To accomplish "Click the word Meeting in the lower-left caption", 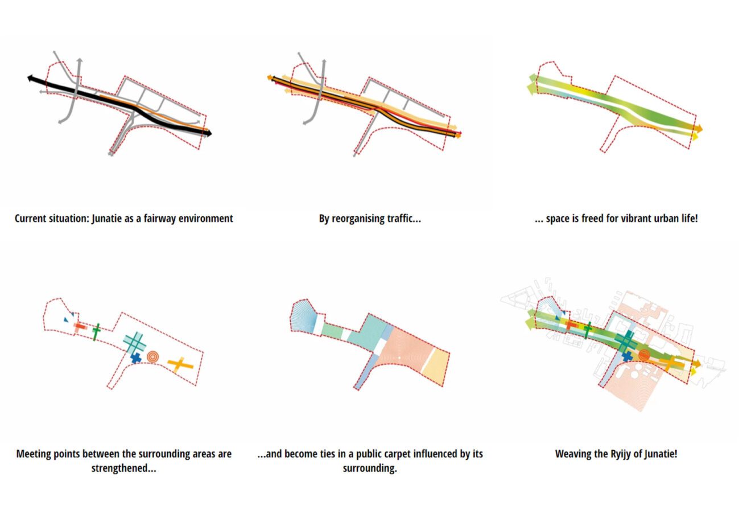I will (35, 454).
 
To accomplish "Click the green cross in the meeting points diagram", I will (96, 331).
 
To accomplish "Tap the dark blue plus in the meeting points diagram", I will (136, 358).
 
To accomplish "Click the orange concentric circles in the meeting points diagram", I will (152, 356).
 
